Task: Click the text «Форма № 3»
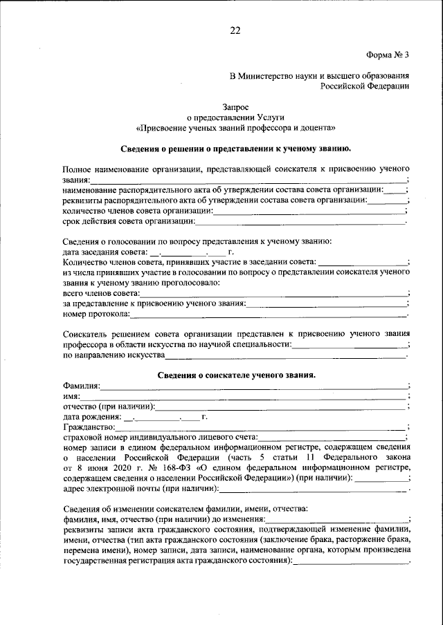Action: [x=387, y=54]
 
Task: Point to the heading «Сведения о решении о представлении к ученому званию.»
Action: [x=235, y=148]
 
